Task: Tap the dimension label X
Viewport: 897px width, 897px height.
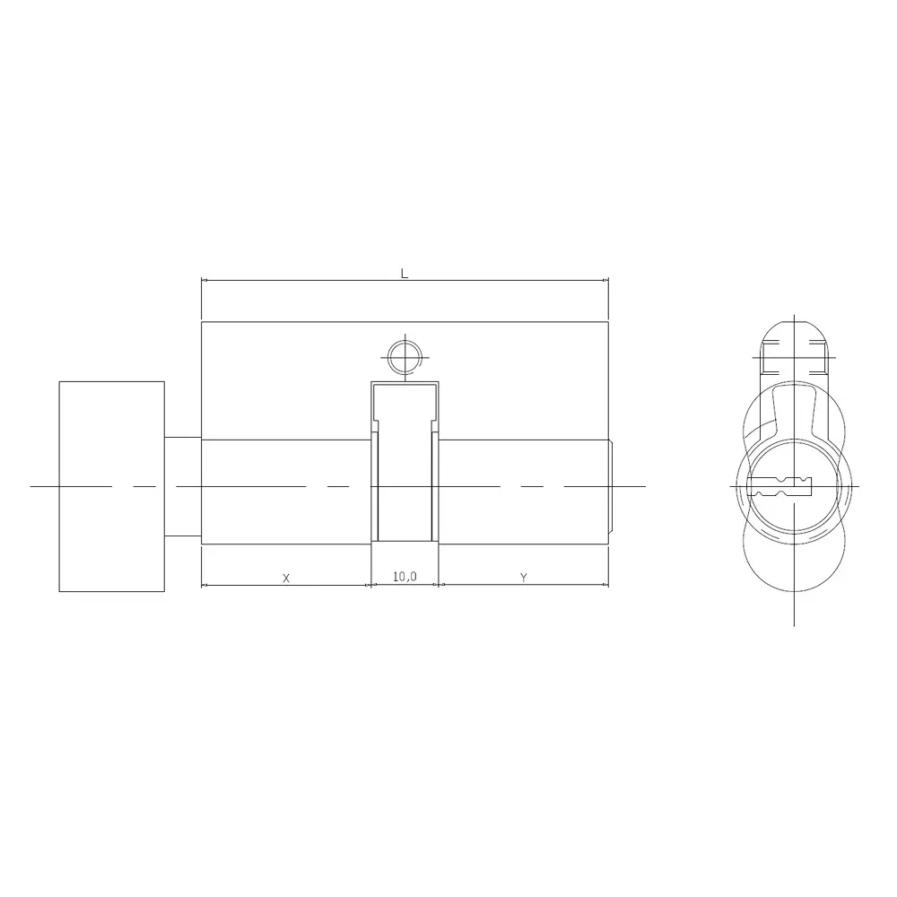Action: [286, 579]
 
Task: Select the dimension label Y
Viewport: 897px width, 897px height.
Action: [523, 579]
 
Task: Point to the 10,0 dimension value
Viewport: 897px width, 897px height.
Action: [405, 578]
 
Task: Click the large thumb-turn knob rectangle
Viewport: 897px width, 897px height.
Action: [112, 486]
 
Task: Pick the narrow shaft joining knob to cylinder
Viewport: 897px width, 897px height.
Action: [183, 486]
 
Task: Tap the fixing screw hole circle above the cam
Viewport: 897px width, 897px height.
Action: [405, 358]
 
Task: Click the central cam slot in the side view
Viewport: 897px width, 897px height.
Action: [405, 466]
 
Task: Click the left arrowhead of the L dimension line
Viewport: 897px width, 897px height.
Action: [205, 282]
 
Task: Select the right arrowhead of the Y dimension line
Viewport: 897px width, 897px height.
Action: [605, 586]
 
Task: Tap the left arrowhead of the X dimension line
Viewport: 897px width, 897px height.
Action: [205, 586]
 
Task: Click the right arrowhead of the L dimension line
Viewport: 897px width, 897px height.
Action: [606, 282]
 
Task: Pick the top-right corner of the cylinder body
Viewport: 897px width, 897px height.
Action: [609, 321]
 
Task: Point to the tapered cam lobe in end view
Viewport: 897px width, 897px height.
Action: [795, 413]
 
